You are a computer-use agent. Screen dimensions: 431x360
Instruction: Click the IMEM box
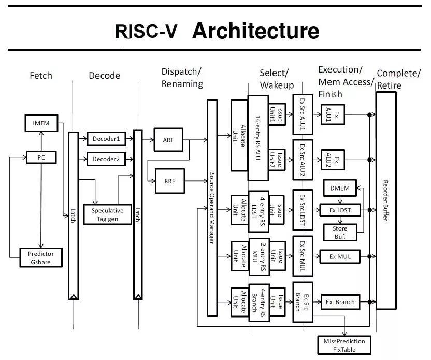41,123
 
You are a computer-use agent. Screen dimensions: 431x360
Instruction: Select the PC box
41,157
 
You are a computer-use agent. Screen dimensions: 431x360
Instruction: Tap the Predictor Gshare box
41,257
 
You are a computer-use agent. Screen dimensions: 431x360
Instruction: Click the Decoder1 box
106,139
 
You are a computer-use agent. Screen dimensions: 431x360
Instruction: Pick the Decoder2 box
106,159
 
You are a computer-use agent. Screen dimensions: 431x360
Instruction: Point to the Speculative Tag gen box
107,214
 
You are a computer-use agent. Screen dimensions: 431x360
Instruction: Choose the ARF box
168,140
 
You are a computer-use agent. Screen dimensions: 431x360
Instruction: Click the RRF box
169,181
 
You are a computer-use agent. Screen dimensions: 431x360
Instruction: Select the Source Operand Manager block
212,208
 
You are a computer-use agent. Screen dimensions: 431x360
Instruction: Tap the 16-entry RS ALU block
258,138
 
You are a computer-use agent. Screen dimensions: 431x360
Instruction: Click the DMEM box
340,188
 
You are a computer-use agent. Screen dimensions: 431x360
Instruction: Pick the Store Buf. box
340,232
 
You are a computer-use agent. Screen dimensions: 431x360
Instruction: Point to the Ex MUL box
340,257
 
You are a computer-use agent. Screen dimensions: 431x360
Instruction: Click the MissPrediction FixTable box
344,345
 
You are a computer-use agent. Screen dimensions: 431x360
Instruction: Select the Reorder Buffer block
386,200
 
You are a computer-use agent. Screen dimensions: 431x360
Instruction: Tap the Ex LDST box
340,210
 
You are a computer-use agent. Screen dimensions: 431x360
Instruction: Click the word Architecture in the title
255,31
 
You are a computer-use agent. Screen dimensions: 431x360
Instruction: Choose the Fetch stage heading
41,76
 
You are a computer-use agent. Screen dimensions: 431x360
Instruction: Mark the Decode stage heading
105,76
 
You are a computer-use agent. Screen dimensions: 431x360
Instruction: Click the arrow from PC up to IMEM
41,141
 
